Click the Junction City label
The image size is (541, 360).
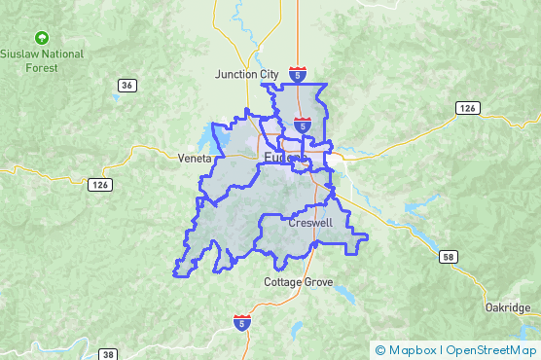246,74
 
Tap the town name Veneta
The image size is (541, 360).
195,158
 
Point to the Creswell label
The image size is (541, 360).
310,223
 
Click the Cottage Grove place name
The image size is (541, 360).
299,282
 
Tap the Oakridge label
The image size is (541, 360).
507,307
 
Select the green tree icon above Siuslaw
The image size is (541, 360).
41,37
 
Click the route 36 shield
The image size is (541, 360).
127,86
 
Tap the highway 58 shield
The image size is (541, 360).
447,257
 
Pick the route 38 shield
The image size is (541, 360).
108,354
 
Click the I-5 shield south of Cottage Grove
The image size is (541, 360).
240,321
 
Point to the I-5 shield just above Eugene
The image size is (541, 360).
303,126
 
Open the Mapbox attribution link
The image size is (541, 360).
412,350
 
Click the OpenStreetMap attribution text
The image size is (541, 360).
492,350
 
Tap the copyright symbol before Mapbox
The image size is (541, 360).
380,350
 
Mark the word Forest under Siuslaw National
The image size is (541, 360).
42,68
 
